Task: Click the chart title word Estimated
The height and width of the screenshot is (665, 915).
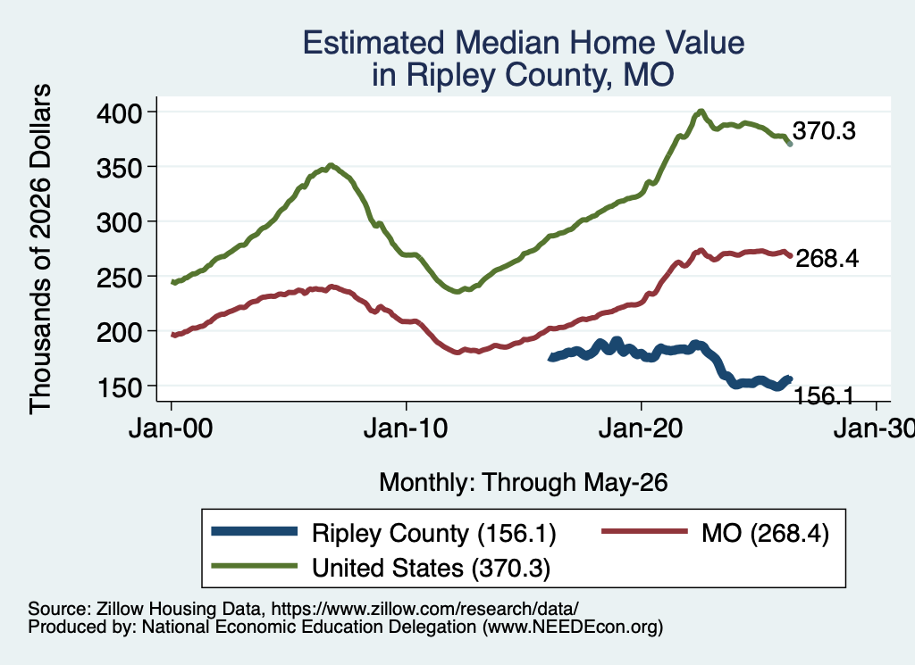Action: [x=374, y=43]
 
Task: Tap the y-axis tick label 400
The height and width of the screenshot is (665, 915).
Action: [x=119, y=112]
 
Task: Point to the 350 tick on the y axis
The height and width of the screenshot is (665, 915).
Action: [x=119, y=167]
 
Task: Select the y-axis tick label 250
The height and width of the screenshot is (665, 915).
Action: [x=119, y=277]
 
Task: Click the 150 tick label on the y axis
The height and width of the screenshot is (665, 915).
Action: [x=119, y=387]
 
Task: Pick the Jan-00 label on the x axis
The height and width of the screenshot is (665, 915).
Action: [x=171, y=429]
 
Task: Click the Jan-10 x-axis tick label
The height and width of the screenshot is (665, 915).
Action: [x=406, y=429]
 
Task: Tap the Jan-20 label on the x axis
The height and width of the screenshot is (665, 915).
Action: [x=641, y=429]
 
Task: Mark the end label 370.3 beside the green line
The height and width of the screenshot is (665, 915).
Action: [x=824, y=131]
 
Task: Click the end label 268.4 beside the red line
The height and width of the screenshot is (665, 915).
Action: [x=827, y=258]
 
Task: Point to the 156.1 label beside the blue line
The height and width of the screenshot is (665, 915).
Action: [x=824, y=396]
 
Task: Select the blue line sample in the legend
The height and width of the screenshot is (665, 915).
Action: [x=255, y=531]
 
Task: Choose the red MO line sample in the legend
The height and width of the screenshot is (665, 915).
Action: [x=644, y=531]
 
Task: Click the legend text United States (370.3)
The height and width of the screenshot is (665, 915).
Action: [x=432, y=568]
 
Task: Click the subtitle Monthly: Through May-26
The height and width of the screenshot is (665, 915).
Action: [x=524, y=483]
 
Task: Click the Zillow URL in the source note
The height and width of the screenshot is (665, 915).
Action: [x=424, y=609]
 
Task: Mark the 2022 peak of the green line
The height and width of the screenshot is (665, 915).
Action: [x=701, y=111]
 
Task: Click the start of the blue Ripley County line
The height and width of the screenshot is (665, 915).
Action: [x=550, y=358]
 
